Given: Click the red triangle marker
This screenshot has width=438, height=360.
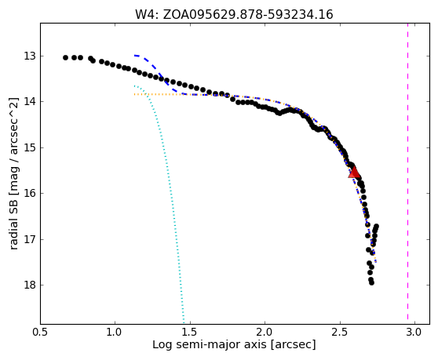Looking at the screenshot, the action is tap(354, 173).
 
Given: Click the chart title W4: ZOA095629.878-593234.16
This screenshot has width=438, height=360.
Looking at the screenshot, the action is tap(234, 15).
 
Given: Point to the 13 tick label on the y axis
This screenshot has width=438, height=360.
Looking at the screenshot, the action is tap(30, 56).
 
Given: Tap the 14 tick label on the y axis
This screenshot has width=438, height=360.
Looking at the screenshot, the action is tap(30, 102).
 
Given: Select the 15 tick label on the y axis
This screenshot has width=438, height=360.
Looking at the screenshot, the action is tap(30, 147).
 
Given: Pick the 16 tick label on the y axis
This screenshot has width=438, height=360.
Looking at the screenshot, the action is tap(30, 193).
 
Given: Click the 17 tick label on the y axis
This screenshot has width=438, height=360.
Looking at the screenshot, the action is tap(30, 239).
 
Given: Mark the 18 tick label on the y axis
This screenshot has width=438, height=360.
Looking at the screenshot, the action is tap(30, 285).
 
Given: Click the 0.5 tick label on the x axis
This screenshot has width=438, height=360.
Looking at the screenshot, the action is tap(41, 333).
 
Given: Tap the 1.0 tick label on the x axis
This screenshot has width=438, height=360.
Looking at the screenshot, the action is tap(115, 333).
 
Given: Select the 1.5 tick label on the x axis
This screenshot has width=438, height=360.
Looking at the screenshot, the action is tap(190, 333).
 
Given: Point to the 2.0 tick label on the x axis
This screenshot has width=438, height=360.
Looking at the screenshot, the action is tap(265, 333).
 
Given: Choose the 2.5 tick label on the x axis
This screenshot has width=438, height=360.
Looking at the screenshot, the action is tap(340, 333).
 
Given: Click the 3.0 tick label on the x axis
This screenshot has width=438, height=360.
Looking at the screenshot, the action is tap(415, 333).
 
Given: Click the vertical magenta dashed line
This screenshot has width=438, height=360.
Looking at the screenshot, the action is tap(408, 171).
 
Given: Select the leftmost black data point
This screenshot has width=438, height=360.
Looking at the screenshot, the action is tap(65, 58).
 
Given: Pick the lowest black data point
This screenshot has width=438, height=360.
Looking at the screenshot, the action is tap(371, 282).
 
